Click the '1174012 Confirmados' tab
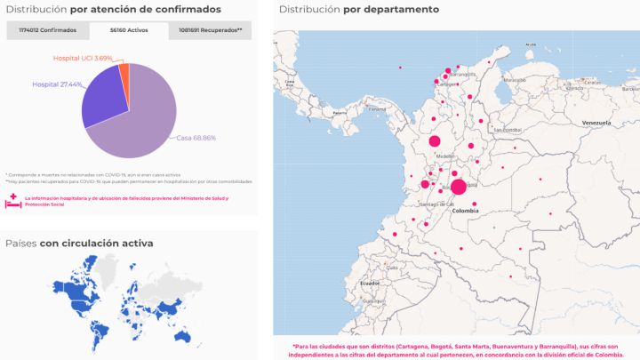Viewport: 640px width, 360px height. click(x=46, y=30)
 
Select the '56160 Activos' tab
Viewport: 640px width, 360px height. click(x=128, y=30)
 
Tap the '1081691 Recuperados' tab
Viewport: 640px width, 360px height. click(x=210, y=30)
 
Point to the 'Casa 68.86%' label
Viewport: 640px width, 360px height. click(x=196, y=138)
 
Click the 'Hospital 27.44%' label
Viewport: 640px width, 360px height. click(x=57, y=84)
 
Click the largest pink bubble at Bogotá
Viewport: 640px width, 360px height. click(x=459, y=187)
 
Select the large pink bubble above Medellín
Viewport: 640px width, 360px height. click(x=435, y=141)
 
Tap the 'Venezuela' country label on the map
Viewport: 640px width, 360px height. click(x=597, y=122)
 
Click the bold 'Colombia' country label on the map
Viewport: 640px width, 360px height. click(x=466, y=212)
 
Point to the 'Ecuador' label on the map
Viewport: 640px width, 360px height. click(x=370, y=283)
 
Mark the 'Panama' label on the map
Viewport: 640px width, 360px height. click(x=377, y=110)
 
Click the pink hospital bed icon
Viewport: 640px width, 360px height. click(x=13, y=201)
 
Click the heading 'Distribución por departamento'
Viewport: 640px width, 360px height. click(x=358, y=10)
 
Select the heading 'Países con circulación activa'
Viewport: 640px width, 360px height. click(x=79, y=243)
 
